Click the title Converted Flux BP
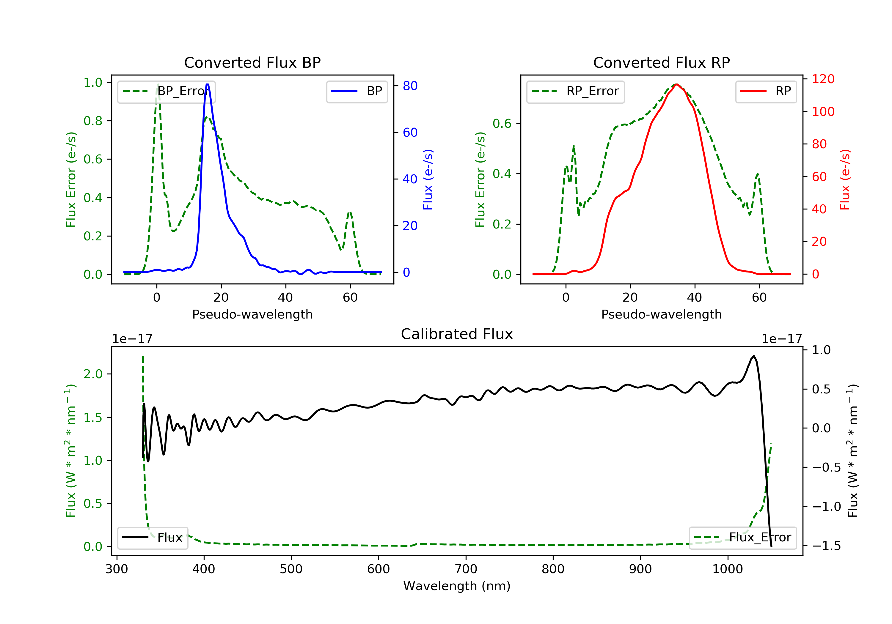pyautogui.click(x=252, y=62)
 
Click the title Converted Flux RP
pyautogui.click(x=661, y=62)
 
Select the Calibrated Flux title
pyautogui.click(x=457, y=334)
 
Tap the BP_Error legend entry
pyautogui.click(x=166, y=91)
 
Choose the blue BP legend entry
pyautogui.click(x=357, y=91)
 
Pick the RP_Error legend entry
pyautogui.click(x=575, y=91)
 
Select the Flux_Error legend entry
pyautogui.click(x=742, y=538)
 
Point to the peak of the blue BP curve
pyautogui.click(x=208, y=84)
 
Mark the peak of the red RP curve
pyautogui.click(x=676, y=84)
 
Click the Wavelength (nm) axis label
pyautogui.click(x=457, y=586)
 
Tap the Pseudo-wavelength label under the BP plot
pyautogui.click(x=252, y=314)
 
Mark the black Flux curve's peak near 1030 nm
pyautogui.click(x=754, y=356)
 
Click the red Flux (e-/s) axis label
pyautogui.click(x=845, y=179)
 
